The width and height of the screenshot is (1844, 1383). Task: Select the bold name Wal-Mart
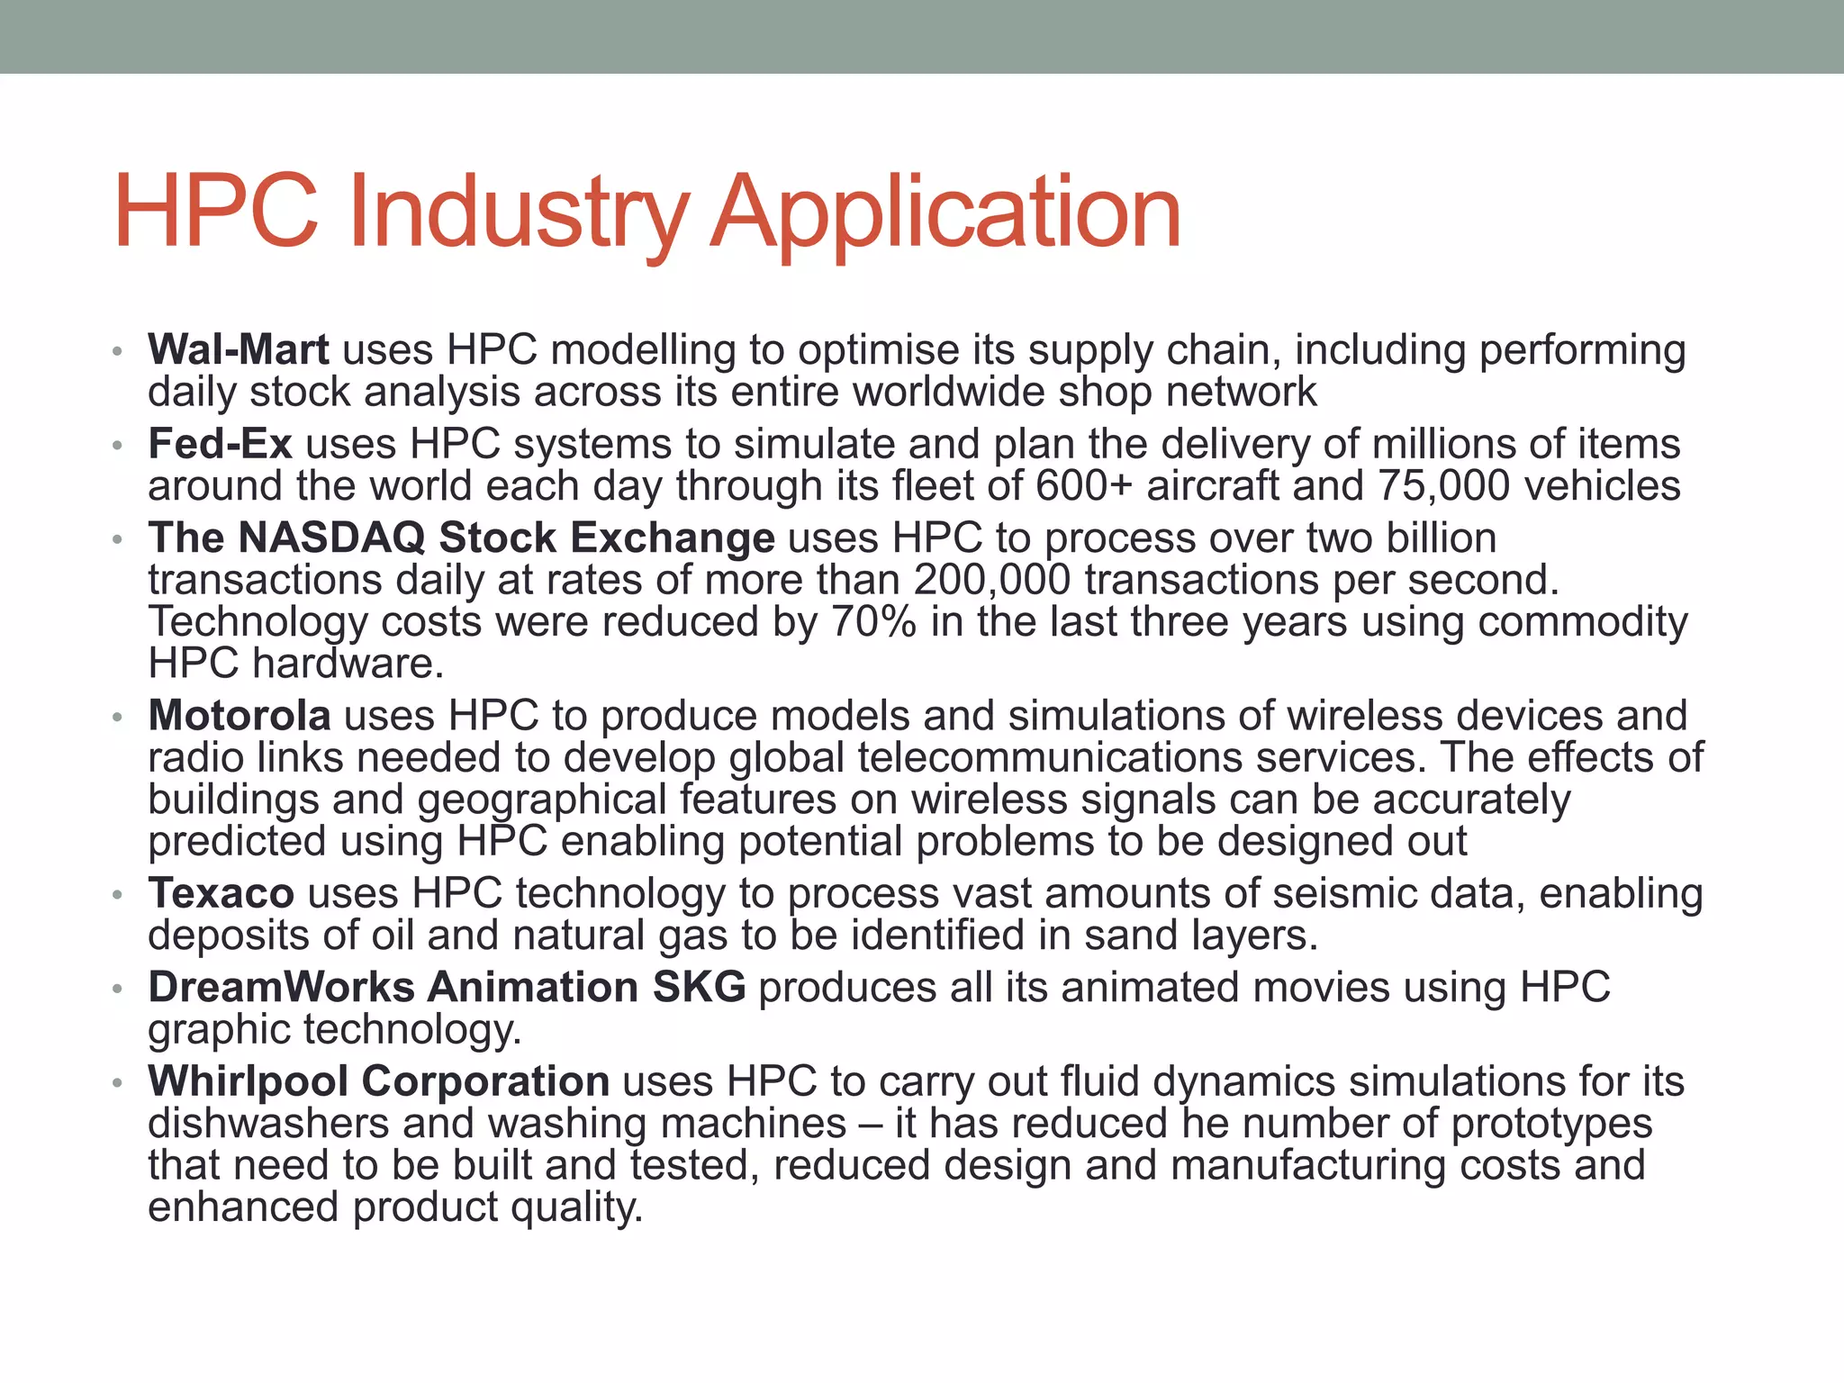(239, 349)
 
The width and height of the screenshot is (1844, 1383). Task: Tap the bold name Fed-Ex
(220, 444)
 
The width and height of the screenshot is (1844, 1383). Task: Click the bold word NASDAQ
(331, 538)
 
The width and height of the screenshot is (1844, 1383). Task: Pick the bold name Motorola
(240, 716)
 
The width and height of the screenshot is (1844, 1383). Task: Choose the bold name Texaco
(221, 893)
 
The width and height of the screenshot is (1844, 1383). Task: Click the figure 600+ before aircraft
(1083, 486)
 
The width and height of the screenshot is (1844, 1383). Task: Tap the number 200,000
(991, 580)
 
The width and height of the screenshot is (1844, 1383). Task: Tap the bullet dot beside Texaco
(116, 895)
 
